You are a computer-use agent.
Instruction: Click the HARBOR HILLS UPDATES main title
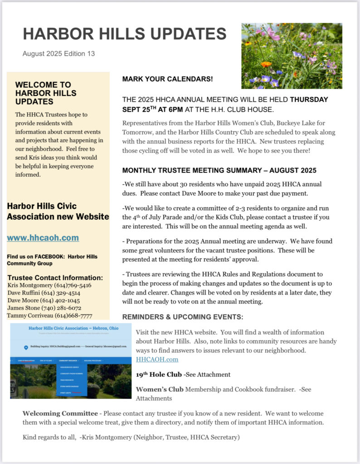click(124, 34)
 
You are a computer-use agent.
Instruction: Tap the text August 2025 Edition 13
click(59, 53)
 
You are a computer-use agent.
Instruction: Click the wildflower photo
click(292, 56)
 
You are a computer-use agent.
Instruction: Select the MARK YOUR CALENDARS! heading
click(167, 79)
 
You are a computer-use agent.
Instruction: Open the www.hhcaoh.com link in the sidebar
click(43, 237)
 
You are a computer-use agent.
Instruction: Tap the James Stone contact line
click(44, 308)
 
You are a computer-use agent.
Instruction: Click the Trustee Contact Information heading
click(55, 278)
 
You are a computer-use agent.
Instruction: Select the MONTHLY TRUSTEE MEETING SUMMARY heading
click(219, 170)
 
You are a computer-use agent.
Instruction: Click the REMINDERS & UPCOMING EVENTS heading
click(183, 317)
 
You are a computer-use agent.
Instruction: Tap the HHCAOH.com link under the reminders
click(157, 359)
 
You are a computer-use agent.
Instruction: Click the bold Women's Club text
click(160, 389)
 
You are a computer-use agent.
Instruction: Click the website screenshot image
click(71, 361)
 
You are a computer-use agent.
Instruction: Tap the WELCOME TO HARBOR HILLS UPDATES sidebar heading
click(46, 93)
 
